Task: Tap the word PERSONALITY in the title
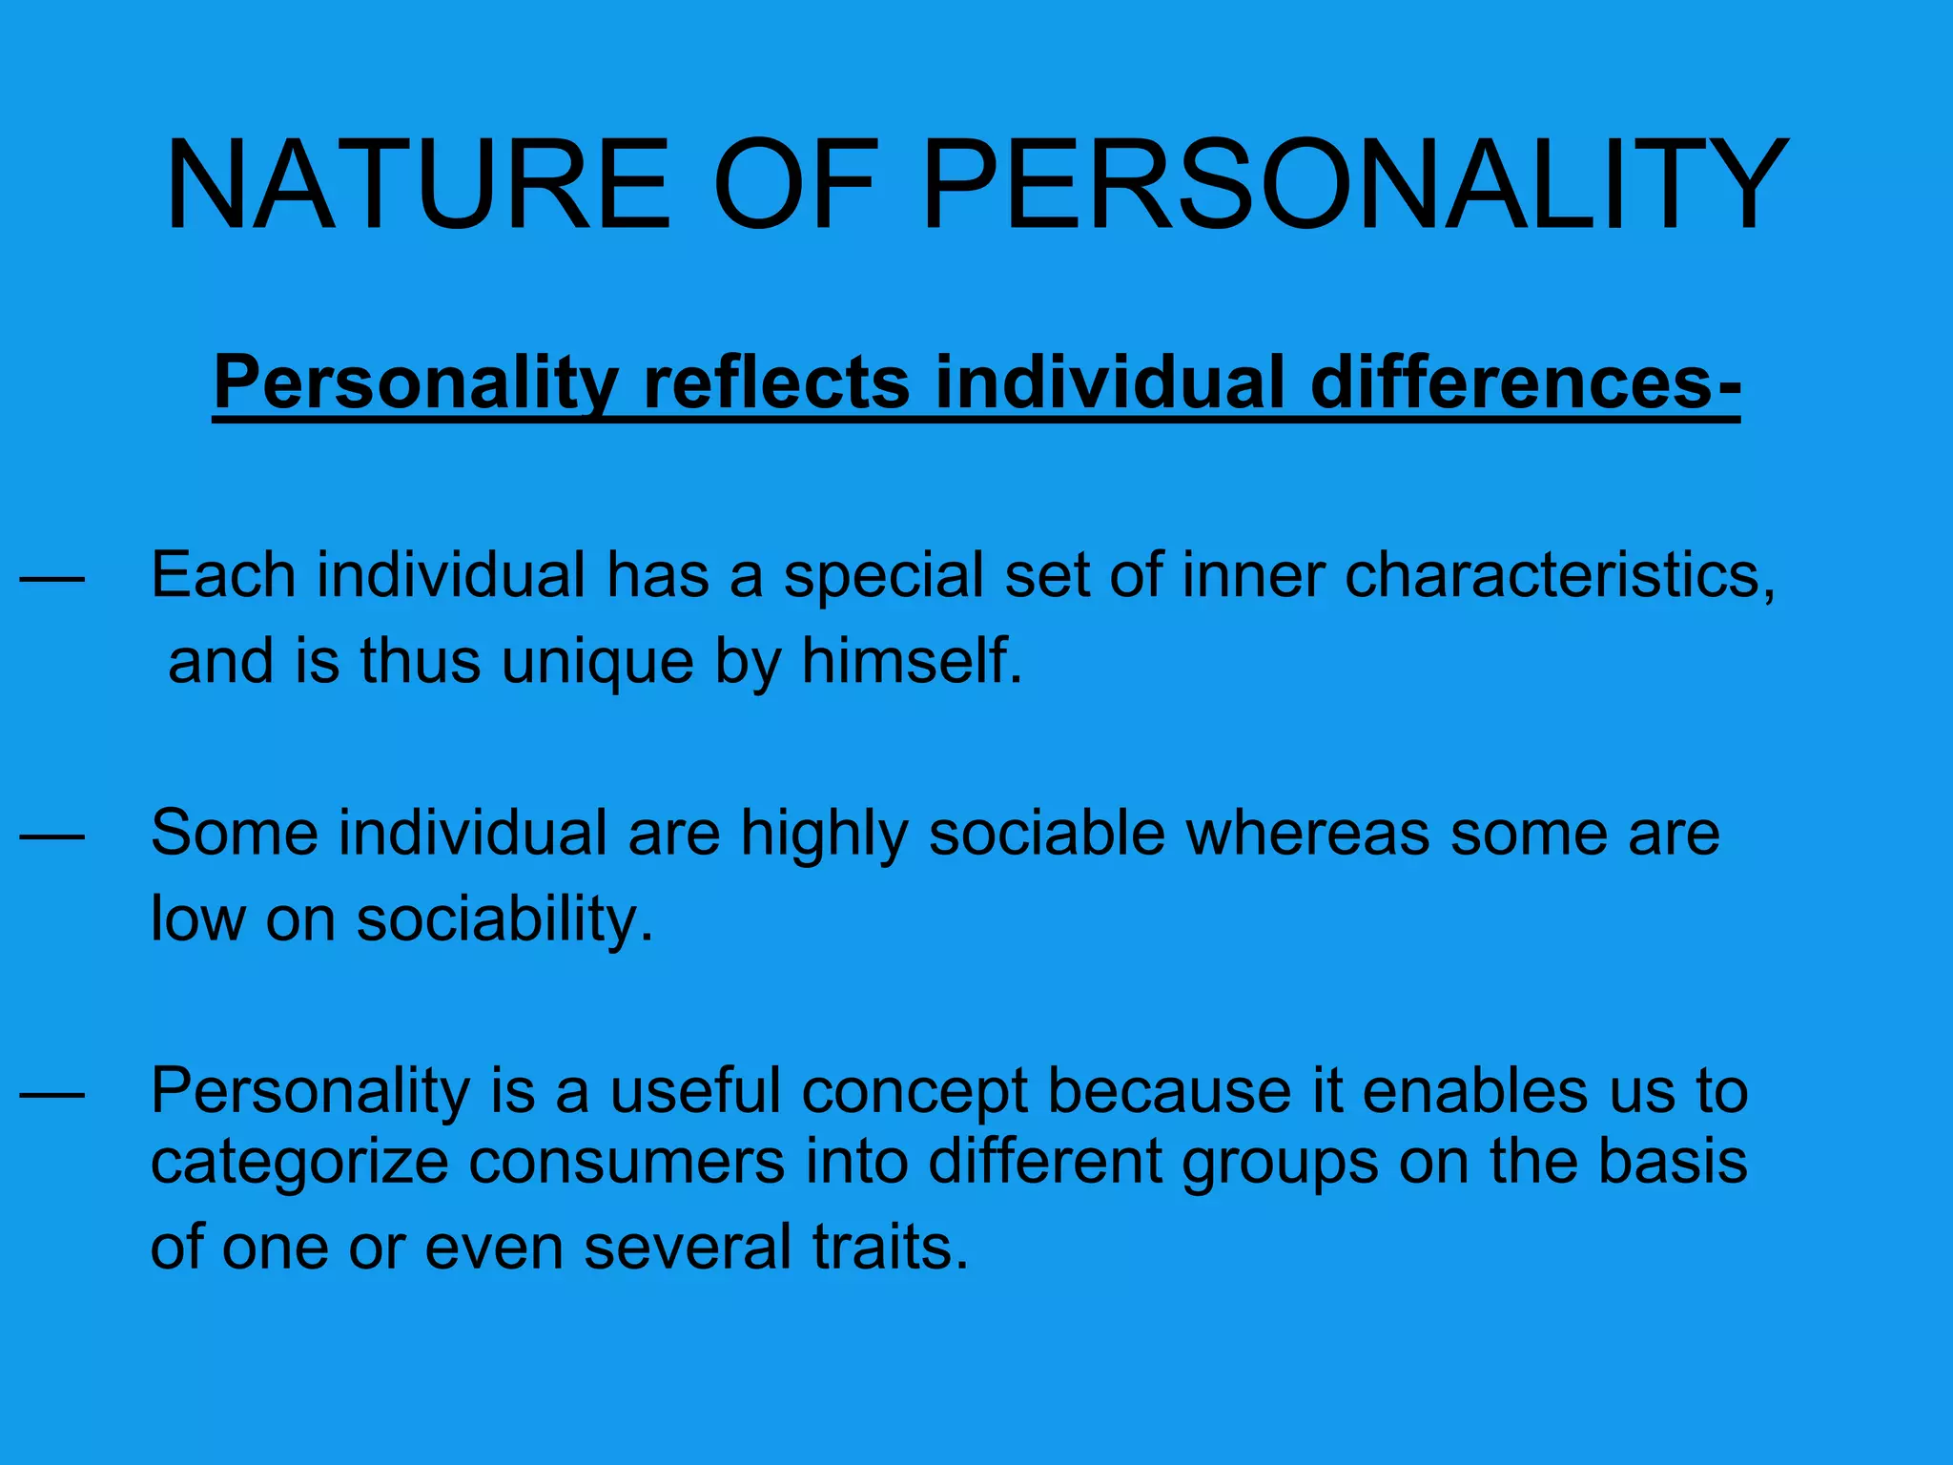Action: tap(1354, 185)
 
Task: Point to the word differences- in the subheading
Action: tap(1526, 382)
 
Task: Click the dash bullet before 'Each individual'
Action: tap(52, 578)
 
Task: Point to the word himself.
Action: tap(912, 661)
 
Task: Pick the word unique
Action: tap(598, 661)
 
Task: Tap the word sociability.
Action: tap(505, 919)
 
